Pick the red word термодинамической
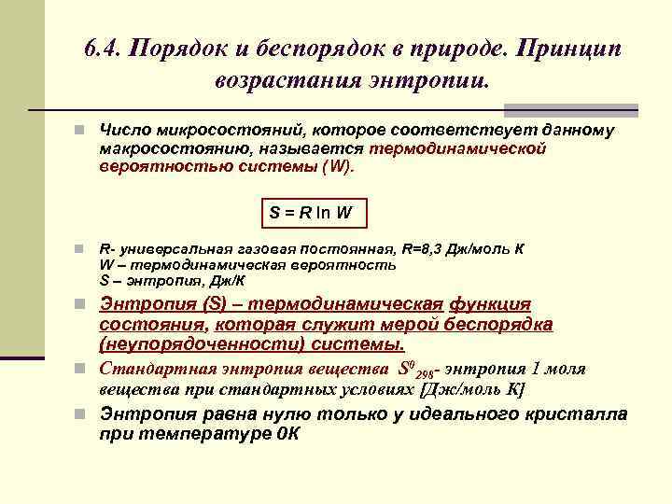click(458, 148)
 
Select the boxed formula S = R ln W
click(312, 212)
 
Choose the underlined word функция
click(490, 304)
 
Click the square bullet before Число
click(82, 131)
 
